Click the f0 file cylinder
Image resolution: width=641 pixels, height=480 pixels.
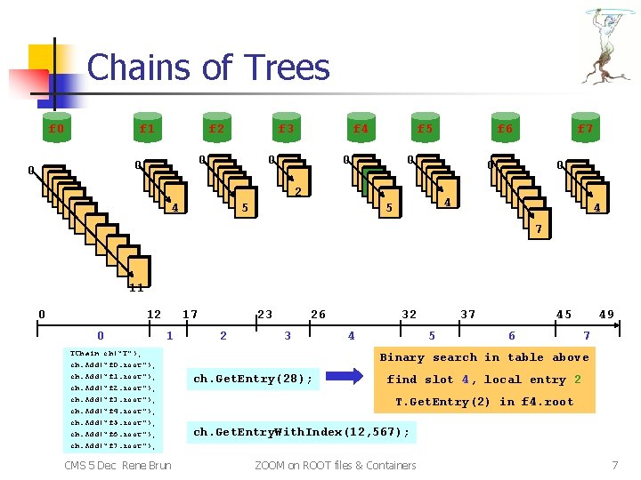click(x=57, y=129)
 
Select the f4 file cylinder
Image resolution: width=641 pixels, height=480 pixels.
click(x=360, y=129)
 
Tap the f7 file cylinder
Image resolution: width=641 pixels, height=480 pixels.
click(x=585, y=129)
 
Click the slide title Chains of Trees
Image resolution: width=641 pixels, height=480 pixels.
click(x=208, y=68)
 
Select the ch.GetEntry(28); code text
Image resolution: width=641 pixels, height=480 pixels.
click(x=253, y=380)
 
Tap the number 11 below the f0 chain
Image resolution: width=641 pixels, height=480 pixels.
click(x=136, y=287)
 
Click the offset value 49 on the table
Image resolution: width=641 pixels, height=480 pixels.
click(x=606, y=314)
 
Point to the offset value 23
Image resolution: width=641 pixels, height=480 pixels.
click(x=264, y=314)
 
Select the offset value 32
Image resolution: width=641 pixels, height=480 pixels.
click(x=409, y=314)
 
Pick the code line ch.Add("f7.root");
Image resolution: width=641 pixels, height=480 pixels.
click(x=112, y=444)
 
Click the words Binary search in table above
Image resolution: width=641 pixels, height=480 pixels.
click(x=484, y=357)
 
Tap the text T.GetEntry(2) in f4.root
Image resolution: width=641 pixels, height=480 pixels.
click(x=484, y=402)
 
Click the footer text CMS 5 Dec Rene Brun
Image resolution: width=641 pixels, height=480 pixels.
click(x=118, y=465)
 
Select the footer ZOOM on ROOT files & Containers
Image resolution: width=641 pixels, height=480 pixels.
click(x=335, y=465)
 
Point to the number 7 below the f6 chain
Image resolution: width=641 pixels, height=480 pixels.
click(x=537, y=230)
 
